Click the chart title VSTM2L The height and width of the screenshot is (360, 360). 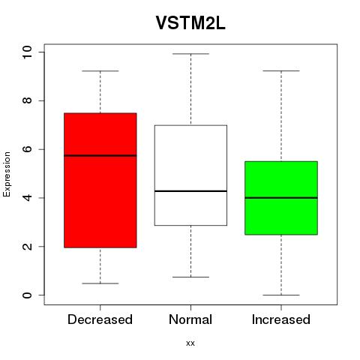point(190,23)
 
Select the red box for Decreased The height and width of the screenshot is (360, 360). point(100,180)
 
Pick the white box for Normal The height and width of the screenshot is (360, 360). point(190,175)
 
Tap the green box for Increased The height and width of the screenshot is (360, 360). point(281,198)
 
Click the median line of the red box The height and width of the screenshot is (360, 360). point(100,155)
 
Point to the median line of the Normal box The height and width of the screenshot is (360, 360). point(190,191)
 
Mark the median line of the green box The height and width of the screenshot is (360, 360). point(281,198)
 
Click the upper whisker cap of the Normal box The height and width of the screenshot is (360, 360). point(190,54)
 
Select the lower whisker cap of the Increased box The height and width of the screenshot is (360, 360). point(281,295)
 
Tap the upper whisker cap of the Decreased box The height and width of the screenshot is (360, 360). point(100,71)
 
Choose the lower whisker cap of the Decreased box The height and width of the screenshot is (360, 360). point(100,283)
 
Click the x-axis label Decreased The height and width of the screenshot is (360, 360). point(100,319)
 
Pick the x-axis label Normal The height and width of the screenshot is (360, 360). point(190,319)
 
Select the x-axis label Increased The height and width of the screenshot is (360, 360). point(281,319)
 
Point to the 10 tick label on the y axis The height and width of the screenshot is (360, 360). point(27,52)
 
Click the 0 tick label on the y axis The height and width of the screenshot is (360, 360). point(27,295)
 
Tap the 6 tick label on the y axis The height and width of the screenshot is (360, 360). point(27,149)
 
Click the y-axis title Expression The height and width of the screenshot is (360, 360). point(7,174)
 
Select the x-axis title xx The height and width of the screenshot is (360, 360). point(190,343)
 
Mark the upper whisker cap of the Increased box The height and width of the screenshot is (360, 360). point(281,71)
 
